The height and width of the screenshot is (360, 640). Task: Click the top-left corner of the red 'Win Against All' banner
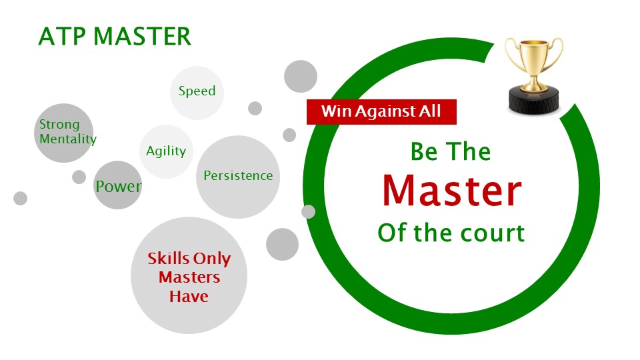307,99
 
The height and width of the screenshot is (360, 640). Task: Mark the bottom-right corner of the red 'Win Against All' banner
456,125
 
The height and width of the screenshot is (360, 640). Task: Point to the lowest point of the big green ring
451,335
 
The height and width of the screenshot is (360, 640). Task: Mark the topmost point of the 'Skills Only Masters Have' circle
189,217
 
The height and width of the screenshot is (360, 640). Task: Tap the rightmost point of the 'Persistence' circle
280,177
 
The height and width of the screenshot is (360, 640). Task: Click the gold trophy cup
534,64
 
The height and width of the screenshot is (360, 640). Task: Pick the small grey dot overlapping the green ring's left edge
308,212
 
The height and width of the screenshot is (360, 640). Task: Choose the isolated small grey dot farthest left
21,199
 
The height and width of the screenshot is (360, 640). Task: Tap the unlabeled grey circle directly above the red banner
301,76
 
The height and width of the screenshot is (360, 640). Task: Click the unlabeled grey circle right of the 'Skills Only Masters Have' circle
283,245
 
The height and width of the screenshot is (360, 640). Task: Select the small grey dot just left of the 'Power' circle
79,177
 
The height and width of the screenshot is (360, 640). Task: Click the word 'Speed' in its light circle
197,91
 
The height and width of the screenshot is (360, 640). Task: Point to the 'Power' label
119,187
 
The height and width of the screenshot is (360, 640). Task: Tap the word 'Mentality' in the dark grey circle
68,139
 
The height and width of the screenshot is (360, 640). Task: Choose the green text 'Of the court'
451,233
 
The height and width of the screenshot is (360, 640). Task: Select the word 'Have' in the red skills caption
189,296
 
